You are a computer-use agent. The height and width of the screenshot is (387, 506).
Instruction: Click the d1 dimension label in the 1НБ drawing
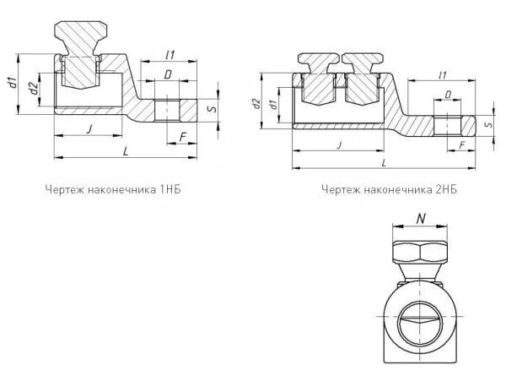pyautogui.click(x=12, y=83)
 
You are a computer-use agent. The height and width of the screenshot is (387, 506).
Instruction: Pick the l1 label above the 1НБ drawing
pyautogui.click(x=170, y=56)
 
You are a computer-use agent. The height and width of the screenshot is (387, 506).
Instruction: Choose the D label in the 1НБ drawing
pyautogui.click(x=169, y=76)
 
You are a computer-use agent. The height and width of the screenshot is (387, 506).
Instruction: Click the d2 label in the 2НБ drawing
pyautogui.click(x=255, y=103)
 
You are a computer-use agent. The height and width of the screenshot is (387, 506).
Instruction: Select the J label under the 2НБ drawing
pyautogui.click(x=338, y=144)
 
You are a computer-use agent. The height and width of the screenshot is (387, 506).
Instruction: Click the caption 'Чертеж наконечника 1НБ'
pyautogui.click(x=114, y=189)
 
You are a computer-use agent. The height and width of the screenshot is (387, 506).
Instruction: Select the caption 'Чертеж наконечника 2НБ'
pyautogui.click(x=389, y=189)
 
